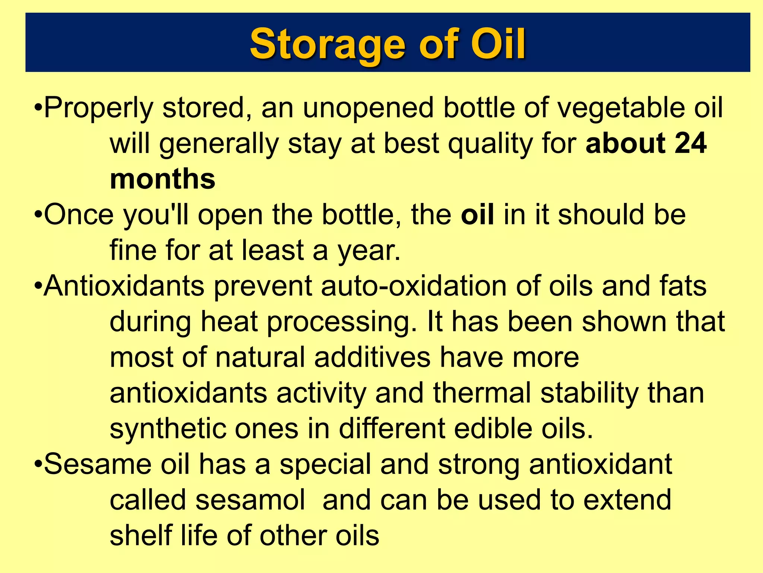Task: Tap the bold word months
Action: pos(162,179)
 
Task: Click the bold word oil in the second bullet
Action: pos(477,215)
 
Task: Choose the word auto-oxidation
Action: pos(414,286)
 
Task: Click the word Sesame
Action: pos(98,465)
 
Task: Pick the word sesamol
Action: pos(250,500)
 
